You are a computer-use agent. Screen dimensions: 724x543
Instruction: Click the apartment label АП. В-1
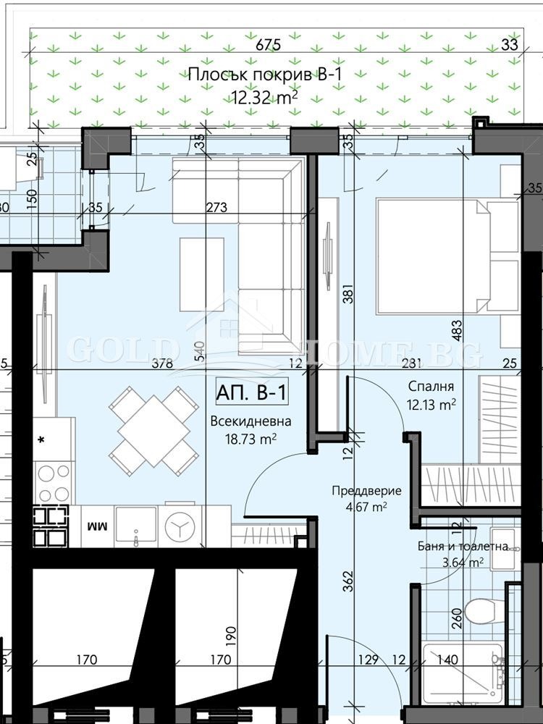(x=252, y=393)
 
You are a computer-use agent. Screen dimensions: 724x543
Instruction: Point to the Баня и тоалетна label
(x=463, y=547)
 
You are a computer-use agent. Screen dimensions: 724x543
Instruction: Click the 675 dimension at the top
(x=268, y=45)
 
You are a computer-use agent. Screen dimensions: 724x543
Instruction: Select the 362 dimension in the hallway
(x=348, y=580)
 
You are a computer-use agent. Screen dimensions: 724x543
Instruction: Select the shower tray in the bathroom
(x=460, y=673)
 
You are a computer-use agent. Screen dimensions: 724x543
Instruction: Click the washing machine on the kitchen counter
(x=177, y=526)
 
